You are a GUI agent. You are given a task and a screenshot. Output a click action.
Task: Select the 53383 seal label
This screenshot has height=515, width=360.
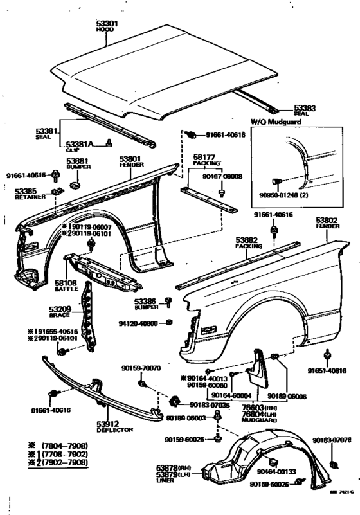(x=304, y=108)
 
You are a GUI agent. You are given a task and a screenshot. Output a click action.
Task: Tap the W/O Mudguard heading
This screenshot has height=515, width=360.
(x=274, y=122)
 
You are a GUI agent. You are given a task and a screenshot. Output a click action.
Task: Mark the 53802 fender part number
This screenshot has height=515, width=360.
(x=327, y=219)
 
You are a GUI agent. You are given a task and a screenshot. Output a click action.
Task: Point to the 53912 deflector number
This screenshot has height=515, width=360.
(x=111, y=425)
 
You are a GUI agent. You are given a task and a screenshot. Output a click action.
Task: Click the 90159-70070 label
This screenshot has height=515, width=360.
(x=141, y=368)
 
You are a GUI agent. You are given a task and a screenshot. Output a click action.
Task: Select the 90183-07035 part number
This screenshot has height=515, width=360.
(x=209, y=405)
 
